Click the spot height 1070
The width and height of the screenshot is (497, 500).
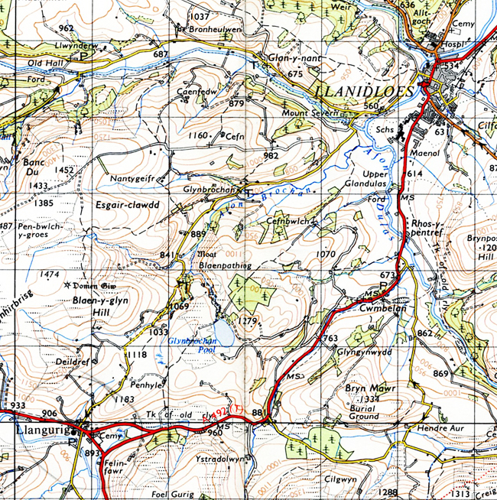click(x=326, y=253)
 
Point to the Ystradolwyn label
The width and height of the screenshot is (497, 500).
click(x=218, y=459)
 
